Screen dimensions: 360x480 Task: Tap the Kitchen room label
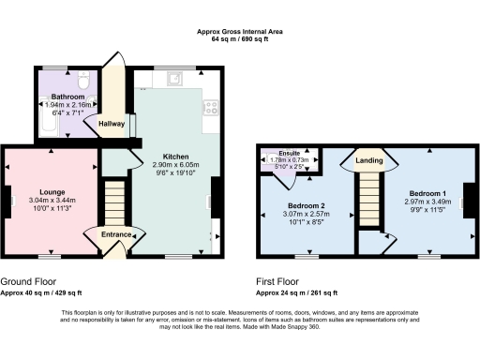coord(176,157)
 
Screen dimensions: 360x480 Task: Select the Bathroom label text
coord(68,97)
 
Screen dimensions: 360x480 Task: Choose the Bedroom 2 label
coord(306,205)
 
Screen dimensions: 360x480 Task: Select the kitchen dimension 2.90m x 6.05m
coord(176,164)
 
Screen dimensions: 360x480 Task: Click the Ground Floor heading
coord(27,280)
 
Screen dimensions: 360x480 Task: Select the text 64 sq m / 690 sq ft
coord(240,38)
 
